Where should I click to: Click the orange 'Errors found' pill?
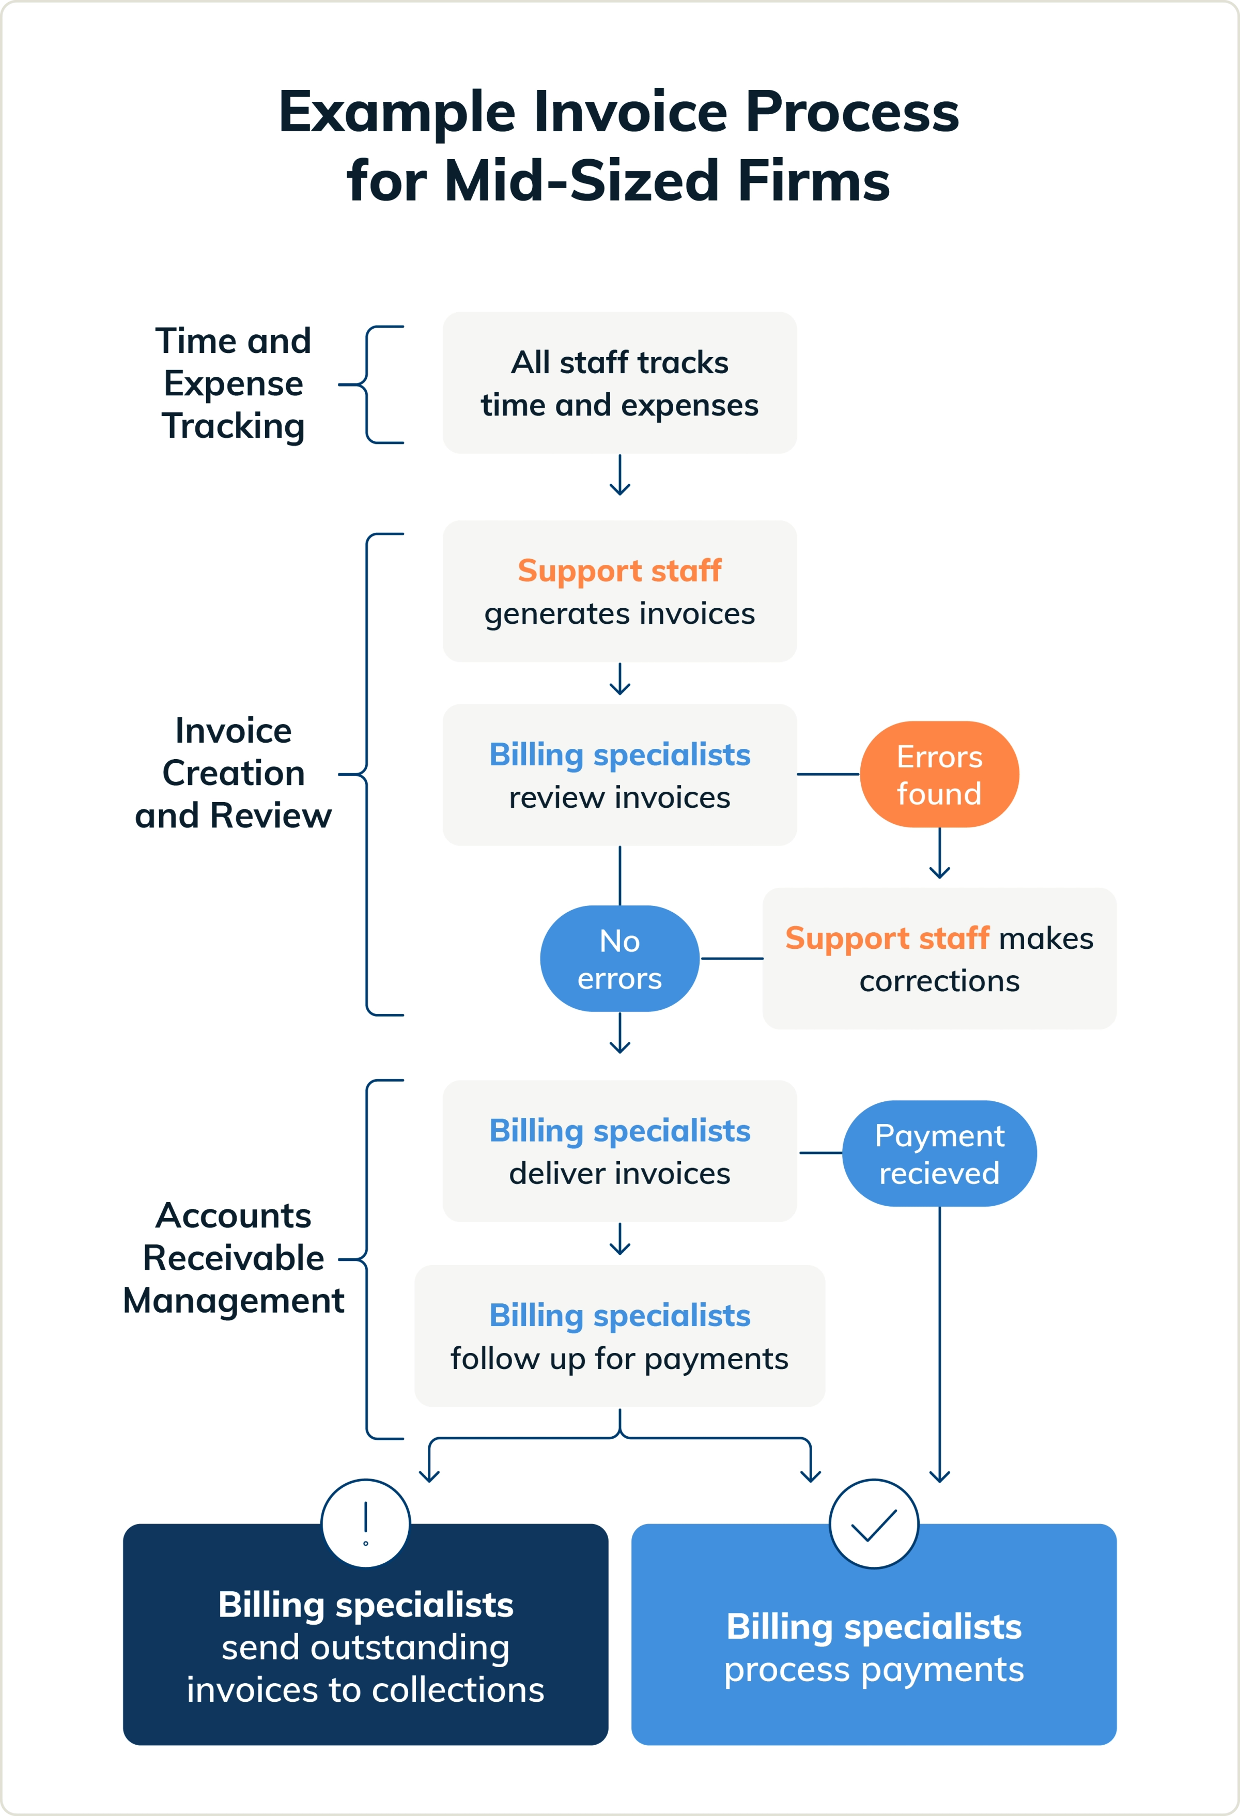tap(939, 774)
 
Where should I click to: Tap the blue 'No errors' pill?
tap(619, 959)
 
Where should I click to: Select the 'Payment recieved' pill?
tap(939, 1153)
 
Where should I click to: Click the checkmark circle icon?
tap(874, 1523)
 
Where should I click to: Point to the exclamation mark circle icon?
tap(366, 1523)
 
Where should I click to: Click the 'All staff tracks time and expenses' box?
tap(619, 383)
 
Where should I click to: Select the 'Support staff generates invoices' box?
tap(619, 592)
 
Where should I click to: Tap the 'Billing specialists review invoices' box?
tap(619, 775)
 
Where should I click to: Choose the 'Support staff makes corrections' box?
tap(939, 959)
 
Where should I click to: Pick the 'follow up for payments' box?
tap(619, 1336)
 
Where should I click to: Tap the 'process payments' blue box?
tap(874, 1649)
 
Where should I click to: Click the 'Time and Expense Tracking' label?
tap(233, 383)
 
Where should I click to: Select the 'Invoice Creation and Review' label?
tap(233, 773)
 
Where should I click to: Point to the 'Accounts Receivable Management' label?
tap(233, 1258)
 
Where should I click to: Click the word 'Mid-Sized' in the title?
tap(581, 181)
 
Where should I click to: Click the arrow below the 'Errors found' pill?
tap(939, 854)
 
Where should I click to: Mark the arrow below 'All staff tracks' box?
tap(619, 475)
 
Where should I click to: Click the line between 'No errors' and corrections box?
tap(732, 959)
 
